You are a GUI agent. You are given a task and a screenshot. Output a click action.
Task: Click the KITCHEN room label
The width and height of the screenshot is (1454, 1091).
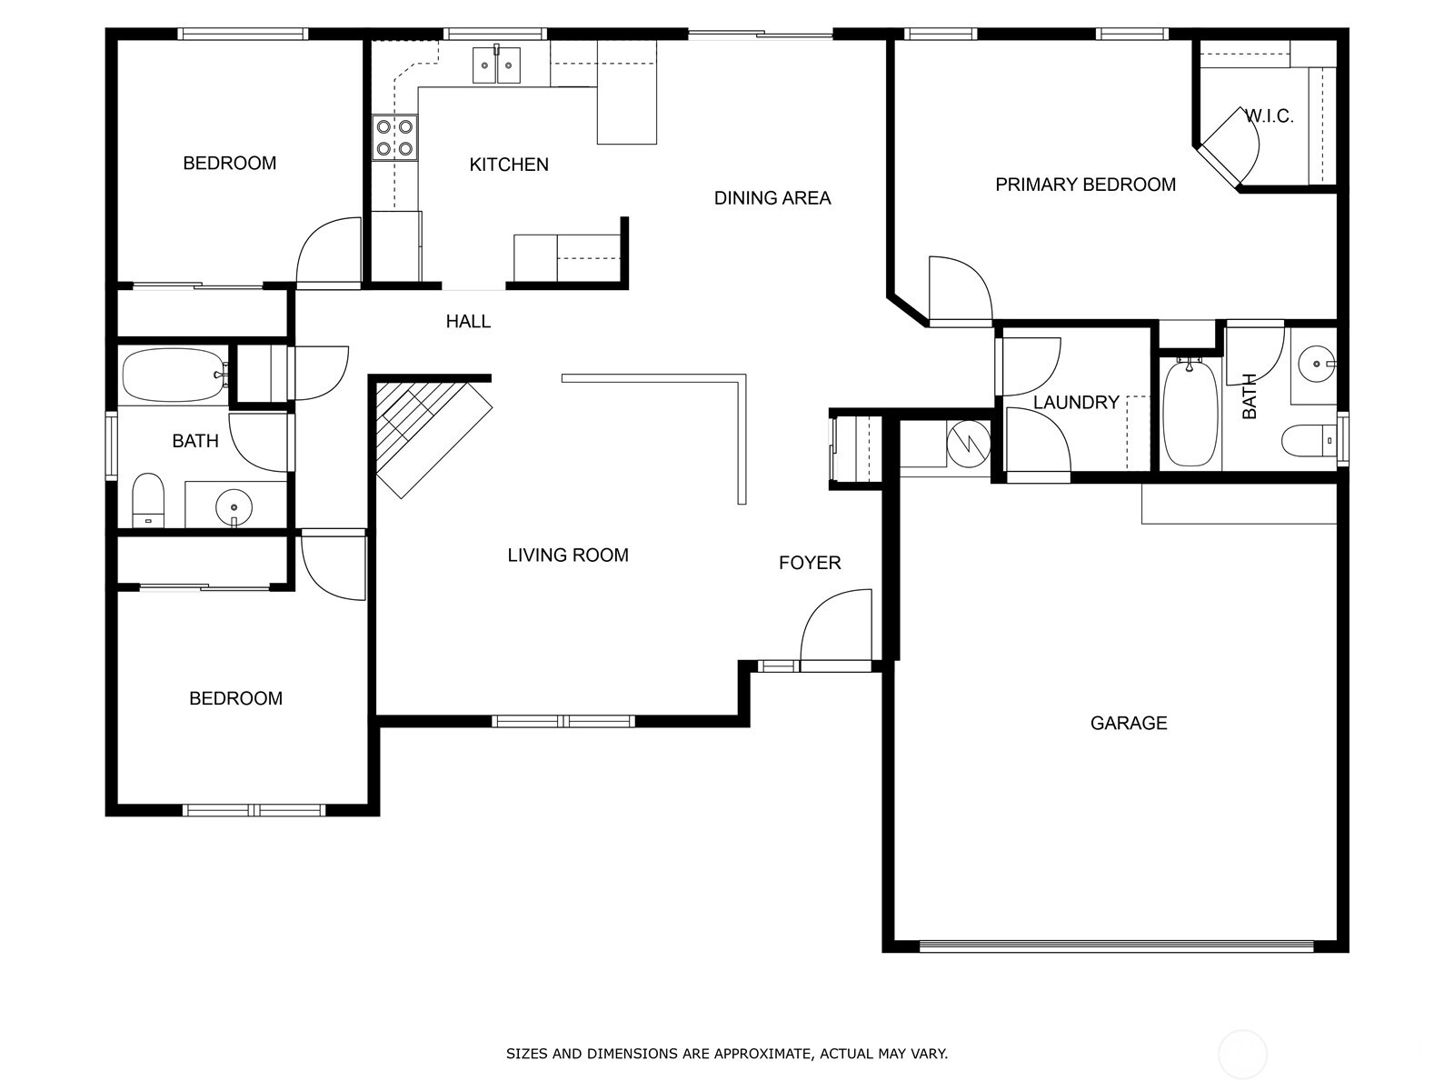(x=509, y=165)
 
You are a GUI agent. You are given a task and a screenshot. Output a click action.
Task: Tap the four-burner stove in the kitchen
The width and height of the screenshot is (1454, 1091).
(x=394, y=137)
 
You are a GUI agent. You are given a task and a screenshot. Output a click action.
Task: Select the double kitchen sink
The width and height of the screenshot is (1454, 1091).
(x=496, y=65)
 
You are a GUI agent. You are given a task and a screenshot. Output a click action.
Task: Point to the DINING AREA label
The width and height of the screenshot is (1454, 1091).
(x=772, y=198)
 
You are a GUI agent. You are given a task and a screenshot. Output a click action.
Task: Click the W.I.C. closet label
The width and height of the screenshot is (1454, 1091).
(x=1270, y=116)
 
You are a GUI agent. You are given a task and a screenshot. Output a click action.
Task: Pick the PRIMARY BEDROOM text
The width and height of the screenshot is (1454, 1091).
(x=1086, y=185)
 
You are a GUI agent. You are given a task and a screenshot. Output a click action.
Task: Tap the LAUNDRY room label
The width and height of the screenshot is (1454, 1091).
(x=1077, y=402)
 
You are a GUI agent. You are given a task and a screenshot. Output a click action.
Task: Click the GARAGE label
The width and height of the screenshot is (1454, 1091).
(x=1129, y=723)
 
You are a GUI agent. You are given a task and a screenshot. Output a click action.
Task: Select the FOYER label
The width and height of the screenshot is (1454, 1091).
(x=810, y=563)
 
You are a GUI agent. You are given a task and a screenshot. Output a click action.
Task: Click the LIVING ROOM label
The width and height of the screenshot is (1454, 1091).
(x=568, y=556)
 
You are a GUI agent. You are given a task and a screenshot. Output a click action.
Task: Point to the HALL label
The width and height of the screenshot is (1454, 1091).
(x=468, y=322)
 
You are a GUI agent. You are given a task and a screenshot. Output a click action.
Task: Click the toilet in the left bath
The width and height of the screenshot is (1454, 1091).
(x=148, y=500)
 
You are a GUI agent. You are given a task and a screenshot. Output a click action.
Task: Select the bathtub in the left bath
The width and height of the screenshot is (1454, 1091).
(x=174, y=375)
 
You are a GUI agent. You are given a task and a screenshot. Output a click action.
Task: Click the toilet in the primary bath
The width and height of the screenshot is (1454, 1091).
(x=1309, y=441)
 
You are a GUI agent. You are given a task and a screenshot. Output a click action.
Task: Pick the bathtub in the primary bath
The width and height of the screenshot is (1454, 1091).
(x=1190, y=412)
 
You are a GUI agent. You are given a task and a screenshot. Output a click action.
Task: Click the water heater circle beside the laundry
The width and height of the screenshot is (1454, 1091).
(x=969, y=444)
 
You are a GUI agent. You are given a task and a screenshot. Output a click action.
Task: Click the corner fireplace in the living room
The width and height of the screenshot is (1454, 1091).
(x=433, y=441)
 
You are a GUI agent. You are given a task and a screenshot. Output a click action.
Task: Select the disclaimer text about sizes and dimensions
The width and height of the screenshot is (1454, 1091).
(x=727, y=1053)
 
